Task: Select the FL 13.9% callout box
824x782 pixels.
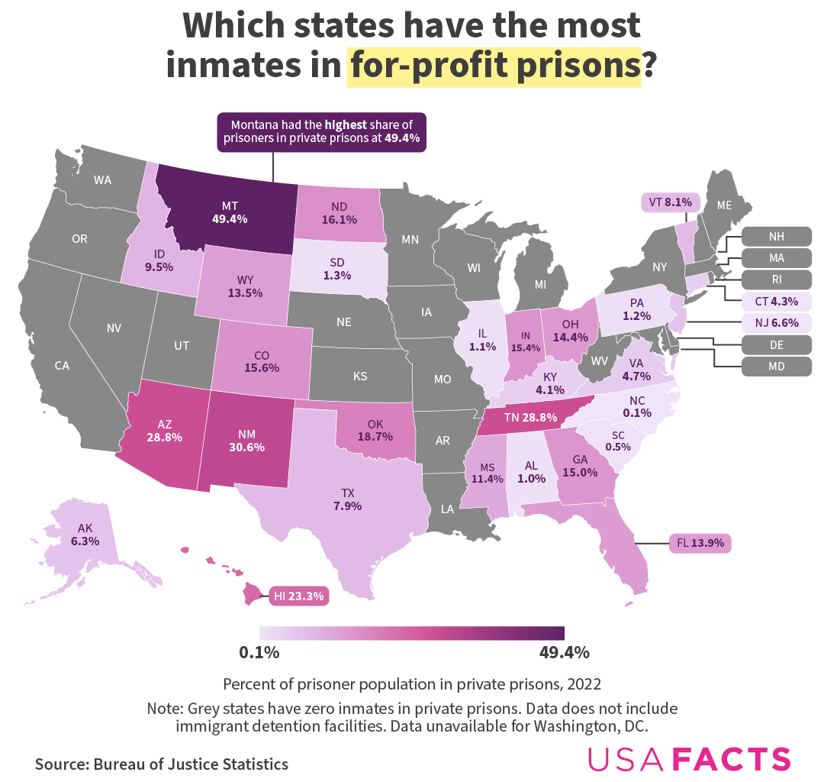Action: (700, 544)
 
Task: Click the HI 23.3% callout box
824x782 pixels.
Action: (299, 595)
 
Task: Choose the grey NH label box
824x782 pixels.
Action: (776, 235)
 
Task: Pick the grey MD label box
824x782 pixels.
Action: (776, 367)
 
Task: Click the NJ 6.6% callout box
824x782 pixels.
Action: (776, 323)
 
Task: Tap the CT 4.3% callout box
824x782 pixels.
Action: (776, 301)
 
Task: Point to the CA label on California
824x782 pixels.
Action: (63, 366)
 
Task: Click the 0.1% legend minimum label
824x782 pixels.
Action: (259, 653)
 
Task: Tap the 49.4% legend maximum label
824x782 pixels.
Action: (564, 653)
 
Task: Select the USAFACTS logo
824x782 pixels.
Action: (689, 759)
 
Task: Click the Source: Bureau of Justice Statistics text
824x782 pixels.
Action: (162, 764)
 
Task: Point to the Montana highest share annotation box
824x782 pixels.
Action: (321, 132)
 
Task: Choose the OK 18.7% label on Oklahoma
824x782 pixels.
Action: (375, 430)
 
